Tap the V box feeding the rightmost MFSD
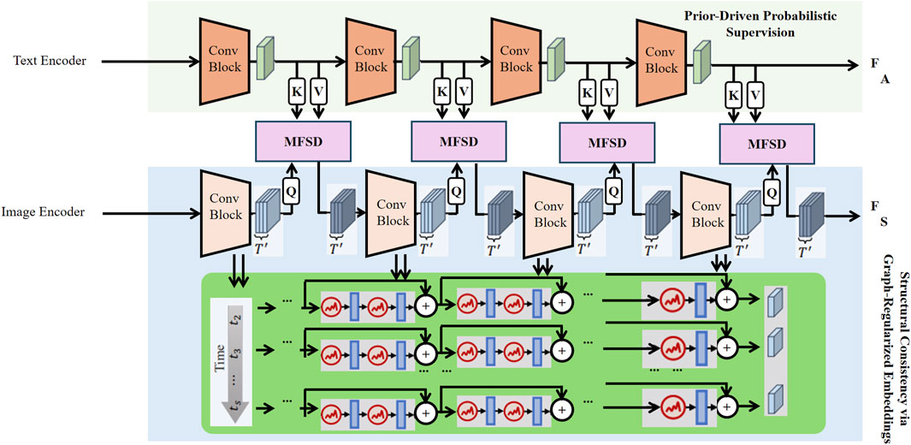(x=755, y=92)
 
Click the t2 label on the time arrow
(x=236, y=322)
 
